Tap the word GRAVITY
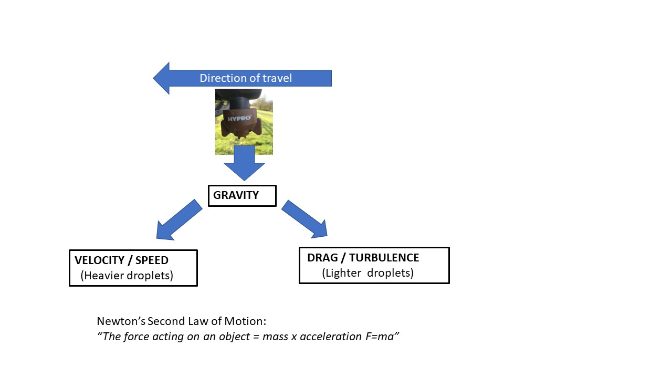236,195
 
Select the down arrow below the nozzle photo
244,164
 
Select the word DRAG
322,258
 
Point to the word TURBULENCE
384,258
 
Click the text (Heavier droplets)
127,275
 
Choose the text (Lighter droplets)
367,273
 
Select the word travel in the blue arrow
277,78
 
